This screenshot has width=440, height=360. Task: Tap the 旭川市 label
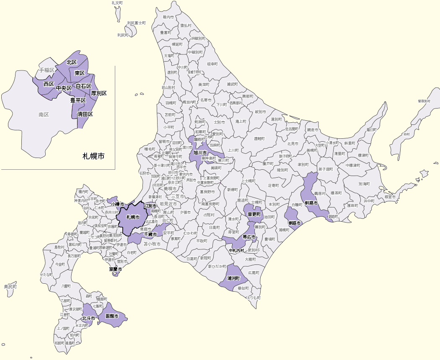[200, 153]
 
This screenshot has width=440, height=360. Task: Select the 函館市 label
[112, 316]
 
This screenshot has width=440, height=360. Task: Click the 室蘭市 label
[115, 269]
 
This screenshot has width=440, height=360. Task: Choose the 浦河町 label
[233, 278]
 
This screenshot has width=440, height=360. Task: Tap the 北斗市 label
[88, 319]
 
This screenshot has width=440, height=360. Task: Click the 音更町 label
[254, 214]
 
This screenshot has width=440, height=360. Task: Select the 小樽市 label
[118, 204]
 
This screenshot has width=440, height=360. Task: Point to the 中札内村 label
[237, 251]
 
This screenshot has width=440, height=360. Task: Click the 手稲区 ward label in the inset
[47, 70]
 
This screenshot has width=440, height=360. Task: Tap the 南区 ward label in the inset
[44, 114]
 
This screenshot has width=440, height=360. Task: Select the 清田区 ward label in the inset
[85, 114]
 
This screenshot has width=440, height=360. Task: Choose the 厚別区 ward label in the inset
[99, 93]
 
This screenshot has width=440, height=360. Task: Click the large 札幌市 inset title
[93, 156]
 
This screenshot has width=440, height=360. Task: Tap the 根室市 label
[390, 197]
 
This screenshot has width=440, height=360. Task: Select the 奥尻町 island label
[10, 287]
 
